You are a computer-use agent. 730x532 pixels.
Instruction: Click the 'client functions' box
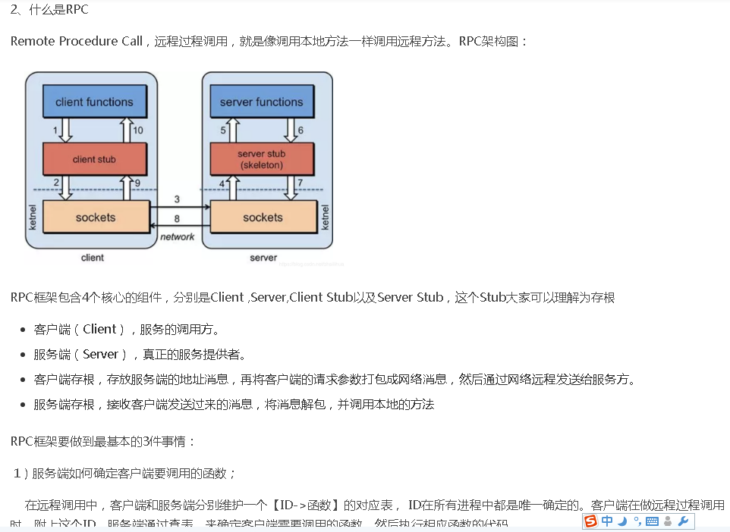(x=94, y=102)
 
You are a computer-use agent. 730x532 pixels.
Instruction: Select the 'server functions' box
(x=261, y=102)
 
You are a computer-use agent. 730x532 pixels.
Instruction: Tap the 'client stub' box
(x=94, y=159)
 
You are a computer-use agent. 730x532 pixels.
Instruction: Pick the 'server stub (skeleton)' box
(x=261, y=159)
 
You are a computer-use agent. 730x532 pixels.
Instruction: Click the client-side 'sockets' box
(x=96, y=217)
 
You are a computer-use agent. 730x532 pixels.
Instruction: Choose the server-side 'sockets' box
(x=263, y=217)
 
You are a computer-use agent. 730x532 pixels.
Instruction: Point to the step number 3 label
(x=177, y=199)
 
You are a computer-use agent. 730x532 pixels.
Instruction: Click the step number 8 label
(x=177, y=218)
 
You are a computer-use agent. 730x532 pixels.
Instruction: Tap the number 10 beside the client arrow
(x=138, y=130)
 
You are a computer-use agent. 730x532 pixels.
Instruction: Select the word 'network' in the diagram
(x=178, y=237)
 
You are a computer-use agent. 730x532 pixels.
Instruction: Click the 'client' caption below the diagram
(x=93, y=258)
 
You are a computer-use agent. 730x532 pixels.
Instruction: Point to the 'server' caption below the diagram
(x=263, y=258)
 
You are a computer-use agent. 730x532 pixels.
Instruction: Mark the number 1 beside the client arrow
(x=55, y=130)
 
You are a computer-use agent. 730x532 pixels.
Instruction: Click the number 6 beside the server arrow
(x=300, y=130)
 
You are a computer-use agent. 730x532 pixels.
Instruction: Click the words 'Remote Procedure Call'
(x=76, y=41)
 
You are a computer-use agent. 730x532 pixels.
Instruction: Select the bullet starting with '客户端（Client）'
(x=126, y=329)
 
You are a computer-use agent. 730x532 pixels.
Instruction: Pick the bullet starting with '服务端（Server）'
(x=140, y=354)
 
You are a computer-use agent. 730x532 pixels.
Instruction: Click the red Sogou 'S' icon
(x=590, y=521)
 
